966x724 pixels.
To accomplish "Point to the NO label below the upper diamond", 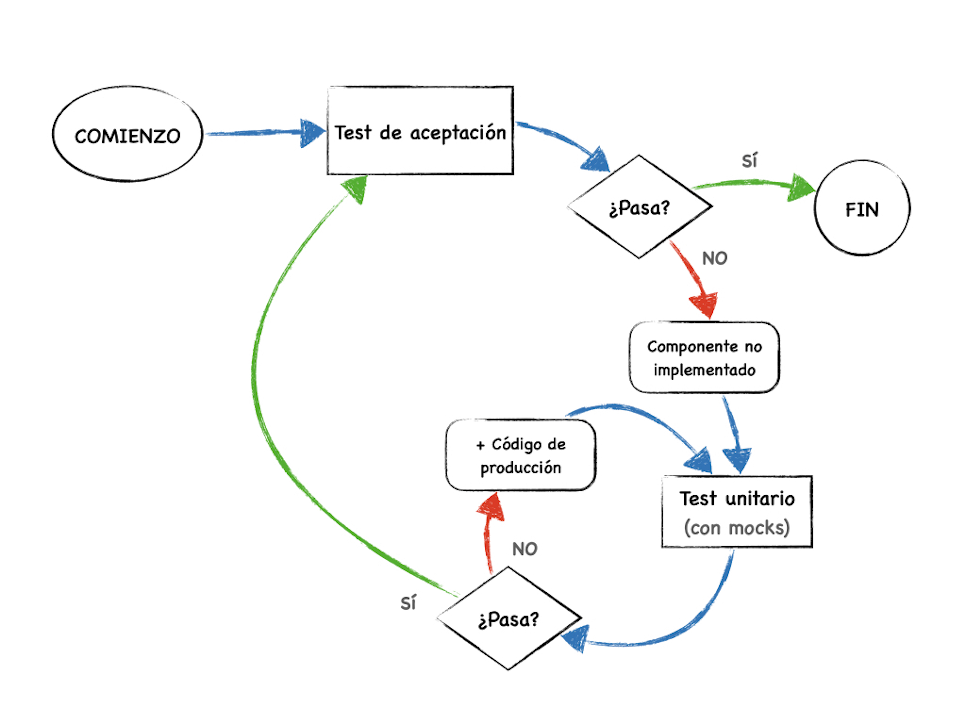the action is point(714,258).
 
